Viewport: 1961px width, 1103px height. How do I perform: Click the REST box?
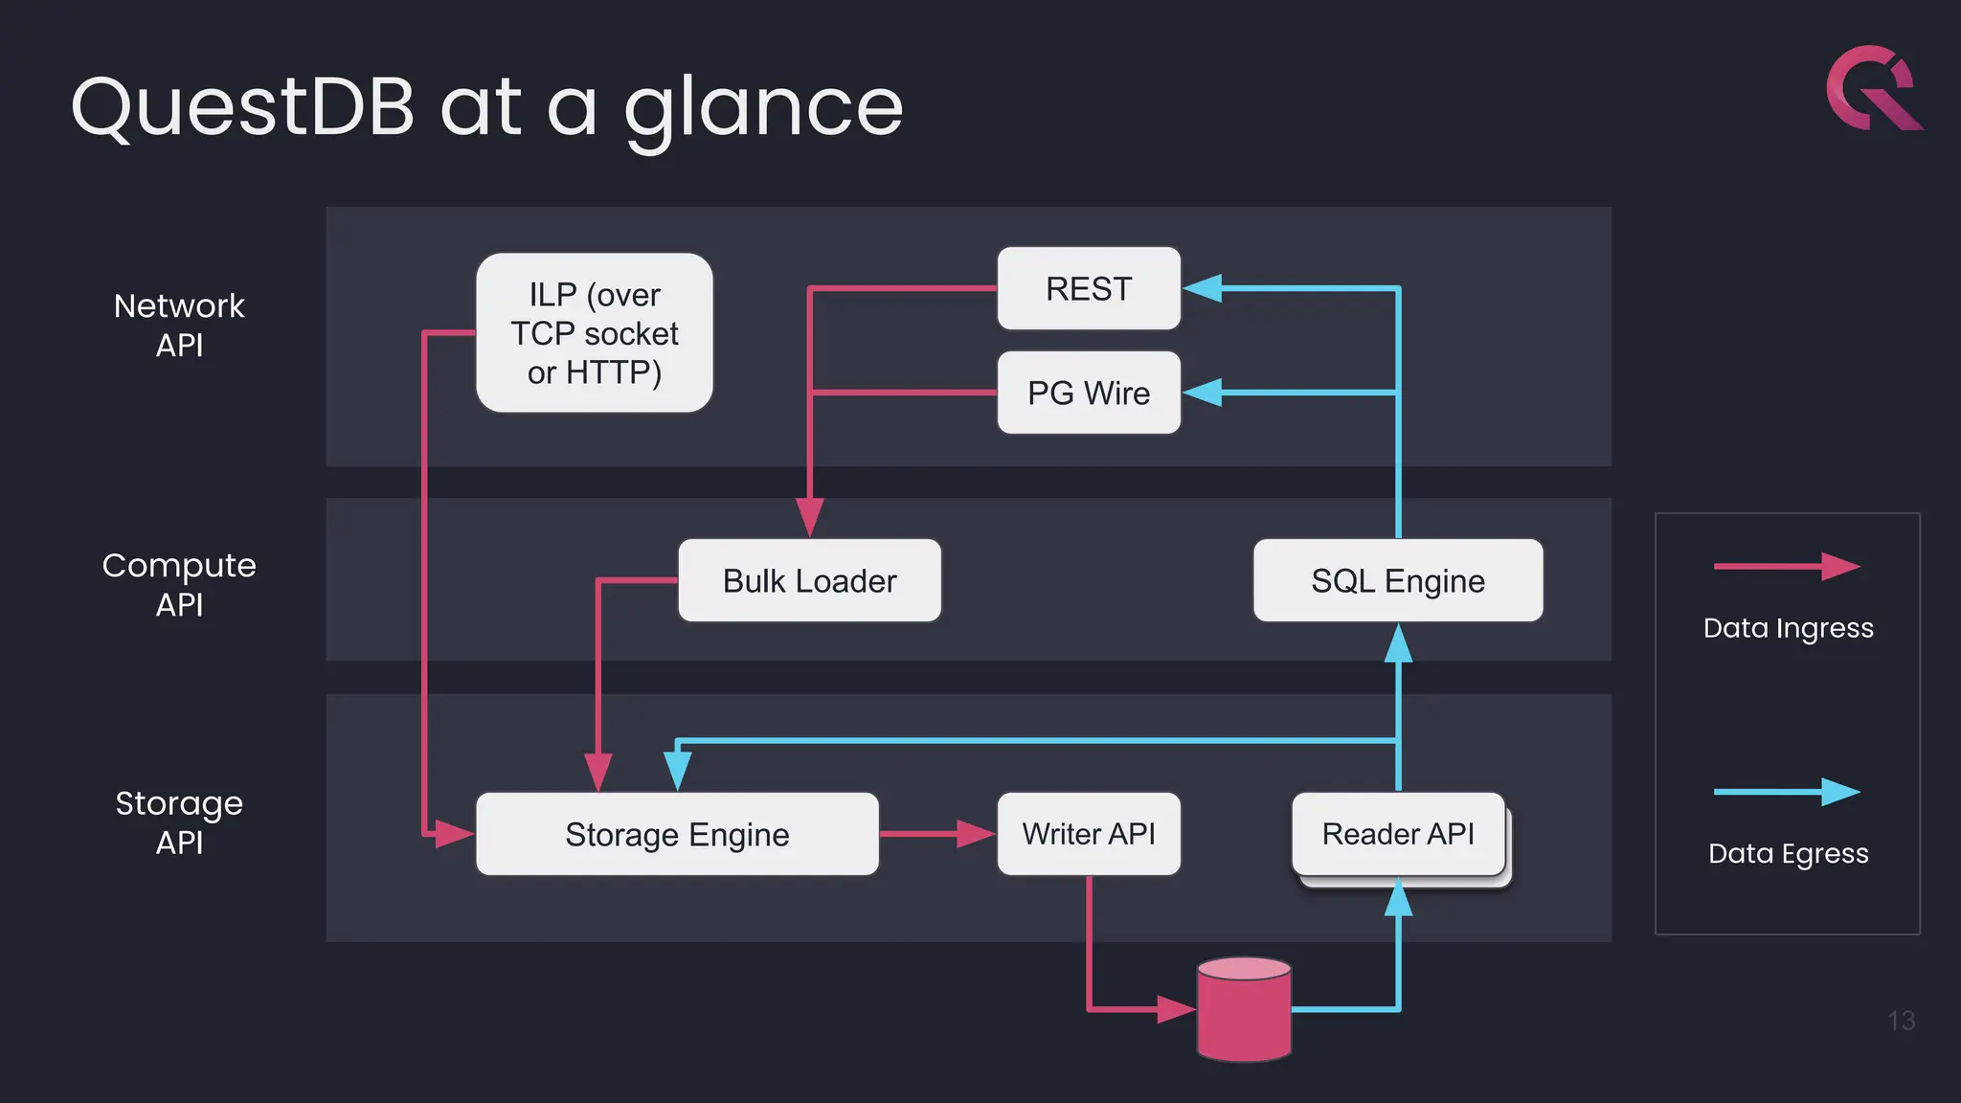pos(1089,288)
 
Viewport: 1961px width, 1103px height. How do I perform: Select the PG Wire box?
pos(1089,393)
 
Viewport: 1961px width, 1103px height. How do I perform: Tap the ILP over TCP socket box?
pos(594,333)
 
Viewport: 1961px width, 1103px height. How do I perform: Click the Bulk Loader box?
pos(809,580)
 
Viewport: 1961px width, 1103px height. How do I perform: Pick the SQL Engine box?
pos(1398,580)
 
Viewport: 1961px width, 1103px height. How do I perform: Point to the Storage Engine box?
pos(677,834)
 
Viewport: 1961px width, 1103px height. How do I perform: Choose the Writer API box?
pos(1089,834)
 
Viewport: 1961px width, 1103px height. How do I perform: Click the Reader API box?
pos(1398,834)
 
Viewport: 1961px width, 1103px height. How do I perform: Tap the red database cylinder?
pos(1244,1011)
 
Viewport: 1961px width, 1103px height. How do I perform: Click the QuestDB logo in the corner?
pos(1872,88)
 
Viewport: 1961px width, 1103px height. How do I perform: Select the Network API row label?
pos(179,325)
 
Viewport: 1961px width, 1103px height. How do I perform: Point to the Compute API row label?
pos(179,584)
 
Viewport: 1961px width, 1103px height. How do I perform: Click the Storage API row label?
pos(179,822)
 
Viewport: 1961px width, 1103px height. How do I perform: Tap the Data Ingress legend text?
pos(1788,628)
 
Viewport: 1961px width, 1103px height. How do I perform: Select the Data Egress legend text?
pos(1788,853)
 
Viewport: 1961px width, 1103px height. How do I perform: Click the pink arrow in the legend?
pos(1786,567)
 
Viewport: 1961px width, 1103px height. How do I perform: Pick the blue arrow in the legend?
pos(1786,792)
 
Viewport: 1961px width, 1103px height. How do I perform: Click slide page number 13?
pos(1901,1021)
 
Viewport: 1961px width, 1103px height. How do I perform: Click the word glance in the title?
pos(763,107)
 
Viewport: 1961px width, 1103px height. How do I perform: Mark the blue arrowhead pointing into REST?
pos(1204,288)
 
